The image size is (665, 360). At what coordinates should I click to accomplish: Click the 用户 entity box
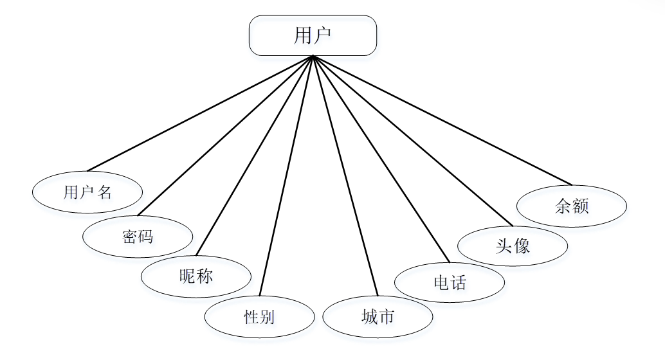[x=313, y=35]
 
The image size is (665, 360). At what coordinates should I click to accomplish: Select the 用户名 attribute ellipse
[x=87, y=192]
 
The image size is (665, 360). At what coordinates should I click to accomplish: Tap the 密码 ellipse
[x=138, y=237]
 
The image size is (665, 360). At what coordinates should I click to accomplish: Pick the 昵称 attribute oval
[x=196, y=276]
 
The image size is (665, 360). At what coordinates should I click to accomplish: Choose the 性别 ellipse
[x=260, y=317]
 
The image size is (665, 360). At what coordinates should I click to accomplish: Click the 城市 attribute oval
[x=378, y=317]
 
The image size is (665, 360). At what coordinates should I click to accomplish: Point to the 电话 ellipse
[x=450, y=282]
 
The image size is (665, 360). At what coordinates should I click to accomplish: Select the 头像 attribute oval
[x=513, y=246]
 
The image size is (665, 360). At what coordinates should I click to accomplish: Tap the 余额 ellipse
[x=572, y=206]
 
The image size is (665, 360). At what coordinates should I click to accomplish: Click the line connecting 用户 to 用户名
[x=200, y=113]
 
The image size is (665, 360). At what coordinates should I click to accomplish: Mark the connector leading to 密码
[x=225, y=135]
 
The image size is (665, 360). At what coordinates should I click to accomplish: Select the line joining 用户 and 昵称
[x=255, y=156]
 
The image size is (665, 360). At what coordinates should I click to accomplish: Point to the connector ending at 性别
[x=286, y=175]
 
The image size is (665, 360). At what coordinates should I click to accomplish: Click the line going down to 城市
[x=345, y=175]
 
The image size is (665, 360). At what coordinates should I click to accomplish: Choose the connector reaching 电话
[x=381, y=159]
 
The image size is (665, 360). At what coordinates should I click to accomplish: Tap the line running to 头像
[x=413, y=141]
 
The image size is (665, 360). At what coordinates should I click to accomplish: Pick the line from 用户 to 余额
[x=442, y=120]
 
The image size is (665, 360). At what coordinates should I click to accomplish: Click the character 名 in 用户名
[x=104, y=192]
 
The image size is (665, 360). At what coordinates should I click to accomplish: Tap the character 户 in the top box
[x=323, y=35]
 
